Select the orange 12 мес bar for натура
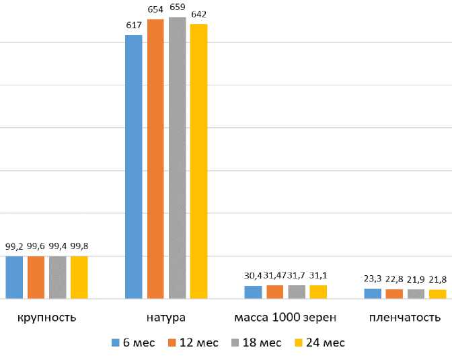click(x=155, y=159)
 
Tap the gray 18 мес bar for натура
click(x=177, y=157)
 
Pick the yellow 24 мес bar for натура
click(x=198, y=161)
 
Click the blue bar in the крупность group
click(x=14, y=277)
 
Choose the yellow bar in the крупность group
click(x=79, y=277)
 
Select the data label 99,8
click(x=79, y=247)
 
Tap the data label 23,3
click(x=372, y=278)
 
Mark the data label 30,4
click(x=252, y=276)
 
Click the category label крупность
click(x=47, y=317)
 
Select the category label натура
click(x=165, y=317)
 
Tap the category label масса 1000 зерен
click(x=285, y=317)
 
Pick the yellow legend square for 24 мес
click(x=299, y=343)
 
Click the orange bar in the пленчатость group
click(x=393, y=293)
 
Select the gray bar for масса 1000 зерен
click(x=297, y=291)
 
